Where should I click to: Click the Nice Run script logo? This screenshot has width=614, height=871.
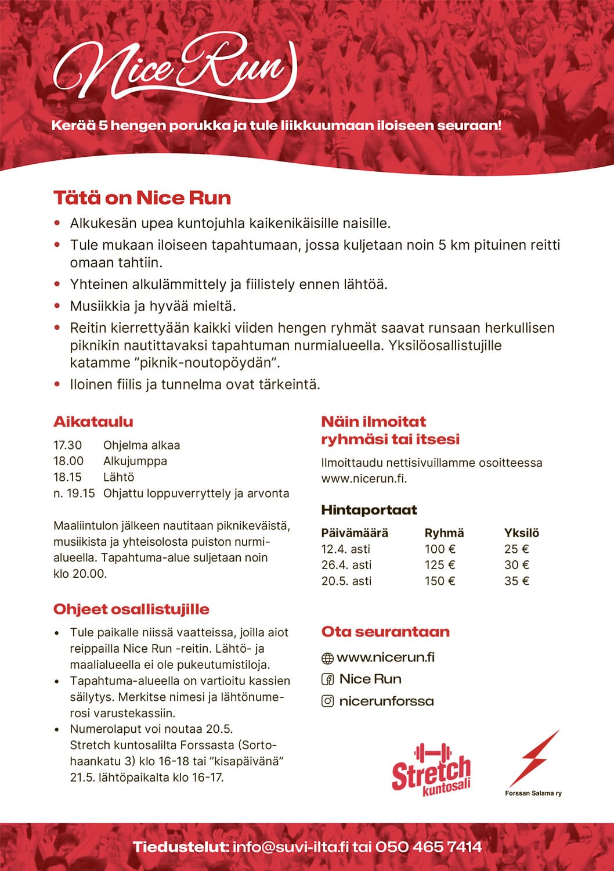pos(174,67)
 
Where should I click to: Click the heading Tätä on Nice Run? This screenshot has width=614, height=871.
pos(142,198)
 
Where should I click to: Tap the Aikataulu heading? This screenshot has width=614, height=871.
pos(93,422)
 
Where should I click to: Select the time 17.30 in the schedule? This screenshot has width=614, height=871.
pos(68,445)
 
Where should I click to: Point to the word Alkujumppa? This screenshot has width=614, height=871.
pos(135,461)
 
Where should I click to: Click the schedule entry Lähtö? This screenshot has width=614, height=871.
pos(118,477)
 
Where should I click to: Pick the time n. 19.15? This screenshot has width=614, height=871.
pos(74,494)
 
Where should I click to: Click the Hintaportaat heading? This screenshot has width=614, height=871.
pos(369,510)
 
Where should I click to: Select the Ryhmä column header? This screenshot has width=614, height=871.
pos(444,533)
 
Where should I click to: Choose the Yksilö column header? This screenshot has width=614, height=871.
pos(522,533)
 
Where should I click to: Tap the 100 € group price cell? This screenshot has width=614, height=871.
pos(440,549)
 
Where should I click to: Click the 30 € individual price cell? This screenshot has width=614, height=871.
pos(517,565)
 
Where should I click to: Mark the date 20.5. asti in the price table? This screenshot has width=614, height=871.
pos(346,581)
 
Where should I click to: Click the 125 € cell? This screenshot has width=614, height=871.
pos(440,565)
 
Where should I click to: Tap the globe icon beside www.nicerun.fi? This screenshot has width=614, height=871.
pos(327,658)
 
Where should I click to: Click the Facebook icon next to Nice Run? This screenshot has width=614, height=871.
pos(327,679)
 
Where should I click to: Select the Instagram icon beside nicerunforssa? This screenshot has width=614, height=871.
pos(327,701)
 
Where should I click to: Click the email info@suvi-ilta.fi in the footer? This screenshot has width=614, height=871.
pos(291,847)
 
